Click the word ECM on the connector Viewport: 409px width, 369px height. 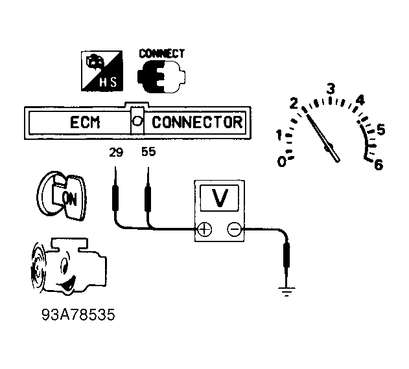pyautogui.click(x=85, y=122)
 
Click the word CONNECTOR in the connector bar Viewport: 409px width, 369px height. pyautogui.click(x=197, y=122)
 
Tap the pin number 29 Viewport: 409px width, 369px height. pyautogui.click(x=116, y=152)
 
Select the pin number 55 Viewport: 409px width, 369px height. pyautogui.click(x=148, y=152)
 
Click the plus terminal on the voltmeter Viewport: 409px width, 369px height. pyautogui.click(x=205, y=229)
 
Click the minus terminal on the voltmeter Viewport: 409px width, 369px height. pyautogui.click(x=234, y=229)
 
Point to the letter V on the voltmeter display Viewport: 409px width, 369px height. pyautogui.click(x=220, y=197)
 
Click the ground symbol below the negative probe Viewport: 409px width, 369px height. pyautogui.click(x=286, y=292)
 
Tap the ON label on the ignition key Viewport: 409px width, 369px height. pyautogui.click(x=69, y=199)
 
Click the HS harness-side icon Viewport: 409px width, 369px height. pyautogui.click(x=102, y=71)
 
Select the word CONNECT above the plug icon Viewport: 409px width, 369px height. pyautogui.click(x=162, y=54)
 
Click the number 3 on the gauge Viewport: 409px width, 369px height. pyautogui.click(x=331, y=89)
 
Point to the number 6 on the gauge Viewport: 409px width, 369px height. pyautogui.click(x=379, y=164)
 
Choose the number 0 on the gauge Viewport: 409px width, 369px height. pyautogui.click(x=282, y=162)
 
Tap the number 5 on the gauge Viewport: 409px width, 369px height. pyautogui.click(x=381, y=129)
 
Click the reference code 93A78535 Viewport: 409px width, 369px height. pyautogui.click(x=78, y=315)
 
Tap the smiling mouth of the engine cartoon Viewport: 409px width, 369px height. pyautogui.click(x=68, y=284)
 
